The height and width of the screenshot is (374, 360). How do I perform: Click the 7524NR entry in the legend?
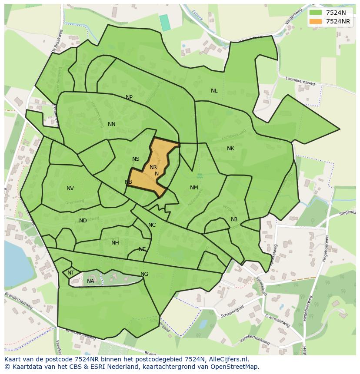coord(338,21)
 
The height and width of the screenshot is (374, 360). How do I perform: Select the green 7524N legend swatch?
coord(316,13)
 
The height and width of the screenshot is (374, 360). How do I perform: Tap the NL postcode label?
coord(214,91)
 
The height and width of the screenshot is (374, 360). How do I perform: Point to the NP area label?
coord(129,97)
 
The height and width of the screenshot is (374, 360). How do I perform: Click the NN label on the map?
coord(112,124)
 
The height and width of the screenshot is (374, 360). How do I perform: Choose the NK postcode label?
coord(230,149)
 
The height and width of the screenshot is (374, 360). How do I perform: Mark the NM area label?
coord(194,188)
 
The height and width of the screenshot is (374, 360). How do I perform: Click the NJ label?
coord(234,219)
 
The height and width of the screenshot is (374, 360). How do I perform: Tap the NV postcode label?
coord(70,189)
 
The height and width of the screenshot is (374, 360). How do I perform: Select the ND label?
coord(83,221)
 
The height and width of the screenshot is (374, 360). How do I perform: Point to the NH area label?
coord(115,243)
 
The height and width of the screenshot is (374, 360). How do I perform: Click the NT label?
coord(71,273)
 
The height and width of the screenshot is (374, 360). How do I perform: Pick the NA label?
coord(90,281)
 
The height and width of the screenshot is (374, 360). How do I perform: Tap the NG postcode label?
coord(144,274)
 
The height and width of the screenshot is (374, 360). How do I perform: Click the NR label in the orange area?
coord(153,167)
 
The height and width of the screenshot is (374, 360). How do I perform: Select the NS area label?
coord(136,159)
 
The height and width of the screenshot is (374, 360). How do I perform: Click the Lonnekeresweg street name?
coord(300,81)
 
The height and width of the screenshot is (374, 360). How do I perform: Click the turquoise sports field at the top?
coord(165,23)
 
